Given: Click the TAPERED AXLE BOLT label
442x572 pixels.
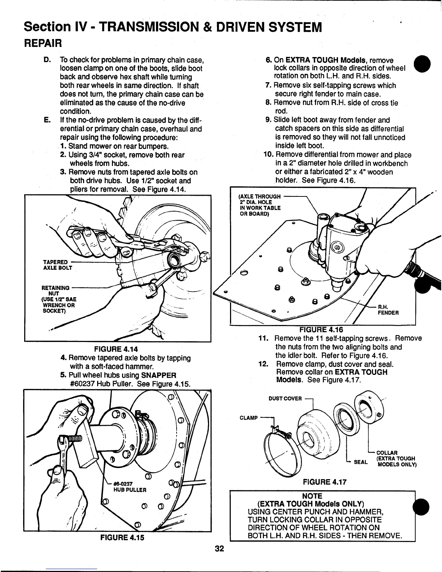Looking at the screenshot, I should point(58,265).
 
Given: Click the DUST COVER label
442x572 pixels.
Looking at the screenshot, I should point(285,398).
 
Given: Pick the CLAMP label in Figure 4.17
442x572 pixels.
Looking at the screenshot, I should point(249,418).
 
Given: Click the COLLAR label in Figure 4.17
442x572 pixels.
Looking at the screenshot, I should point(387,452).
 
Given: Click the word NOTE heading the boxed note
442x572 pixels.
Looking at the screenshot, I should point(312,496).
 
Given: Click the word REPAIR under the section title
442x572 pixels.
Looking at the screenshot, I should point(43,43).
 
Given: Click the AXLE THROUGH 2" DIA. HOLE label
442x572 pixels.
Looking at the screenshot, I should point(260,205).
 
